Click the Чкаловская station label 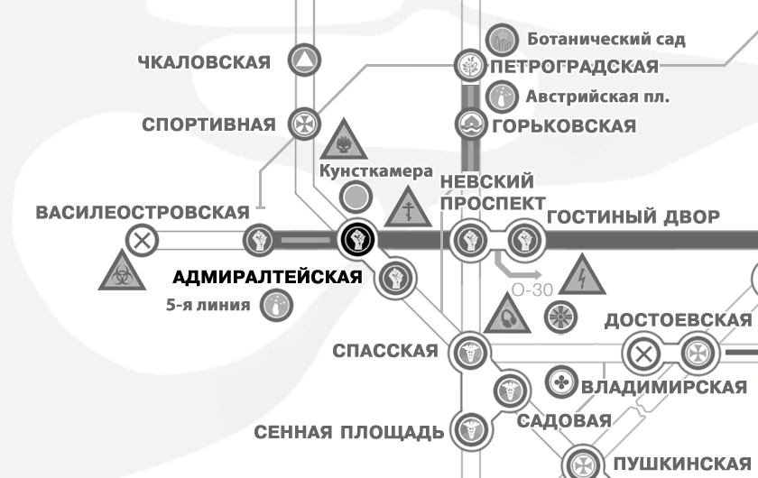point(204,61)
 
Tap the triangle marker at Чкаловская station point(304,61)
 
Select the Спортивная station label point(208,124)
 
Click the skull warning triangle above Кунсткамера point(343,140)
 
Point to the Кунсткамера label point(364,171)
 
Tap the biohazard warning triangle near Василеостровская point(119,271)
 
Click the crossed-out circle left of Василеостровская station point(142,241)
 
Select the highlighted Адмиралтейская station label point(266,277)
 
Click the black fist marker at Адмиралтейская point(357,240)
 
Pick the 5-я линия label point(208,305)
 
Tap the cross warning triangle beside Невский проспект point(410,210)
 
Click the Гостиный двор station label point(633,216)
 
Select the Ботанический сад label point(605,39)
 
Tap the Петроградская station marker point(468,66)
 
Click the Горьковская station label point(564,124)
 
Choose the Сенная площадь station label point(349,431)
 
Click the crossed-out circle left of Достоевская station point(643,352)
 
